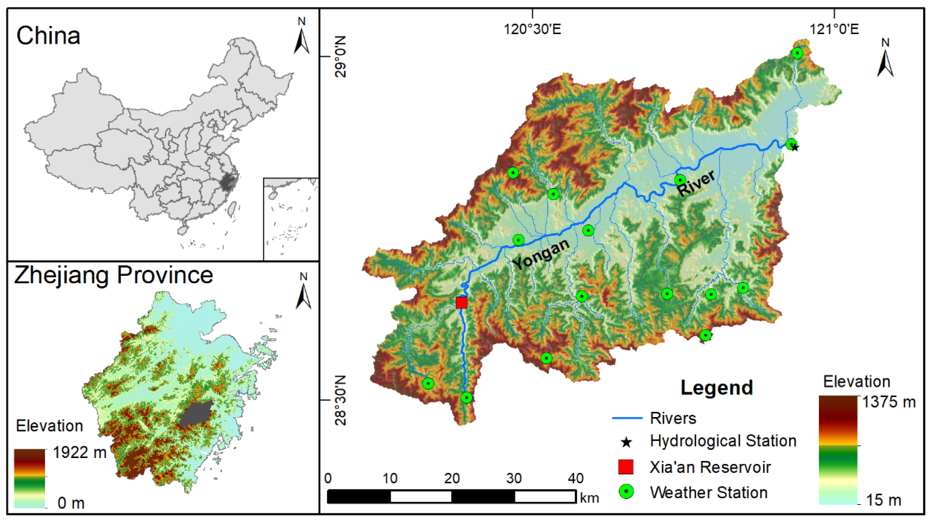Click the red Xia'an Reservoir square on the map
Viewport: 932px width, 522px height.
pos(461,302)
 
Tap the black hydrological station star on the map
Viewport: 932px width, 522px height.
pos(795,147)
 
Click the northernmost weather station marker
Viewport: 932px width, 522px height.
pos(797,53)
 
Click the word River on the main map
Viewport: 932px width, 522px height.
pos(695,183)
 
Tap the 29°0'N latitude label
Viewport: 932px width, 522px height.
pos(340,56)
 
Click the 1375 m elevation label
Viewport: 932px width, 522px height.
pos(889,402)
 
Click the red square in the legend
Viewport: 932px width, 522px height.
pos(626,467)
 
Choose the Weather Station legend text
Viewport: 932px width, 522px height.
pos(708,492)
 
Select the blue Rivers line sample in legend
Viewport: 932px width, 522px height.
pos(627,418)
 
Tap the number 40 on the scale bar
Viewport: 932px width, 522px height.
pos(575,478)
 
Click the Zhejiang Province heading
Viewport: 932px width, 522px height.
pos(113,276)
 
